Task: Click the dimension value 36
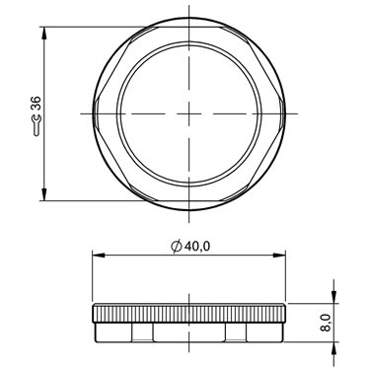click(x=36, y=104)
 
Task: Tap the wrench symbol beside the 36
click(x=37, y=125)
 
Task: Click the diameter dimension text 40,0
click(x=197, y=246)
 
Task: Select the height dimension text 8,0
click(x=325, y=323)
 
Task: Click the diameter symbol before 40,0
click(x=177, y=246)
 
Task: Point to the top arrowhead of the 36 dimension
click(x=44, y=33)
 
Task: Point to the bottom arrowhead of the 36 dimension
click(x=44, y=194)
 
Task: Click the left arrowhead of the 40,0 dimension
click(x=99, y=255)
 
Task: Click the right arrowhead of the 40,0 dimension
click(x=279, y=255)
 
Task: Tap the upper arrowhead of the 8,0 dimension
click(x=334, y=297)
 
